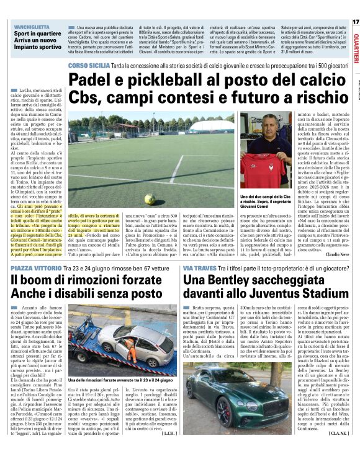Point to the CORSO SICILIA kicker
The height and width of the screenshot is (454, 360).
(89, 65)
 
